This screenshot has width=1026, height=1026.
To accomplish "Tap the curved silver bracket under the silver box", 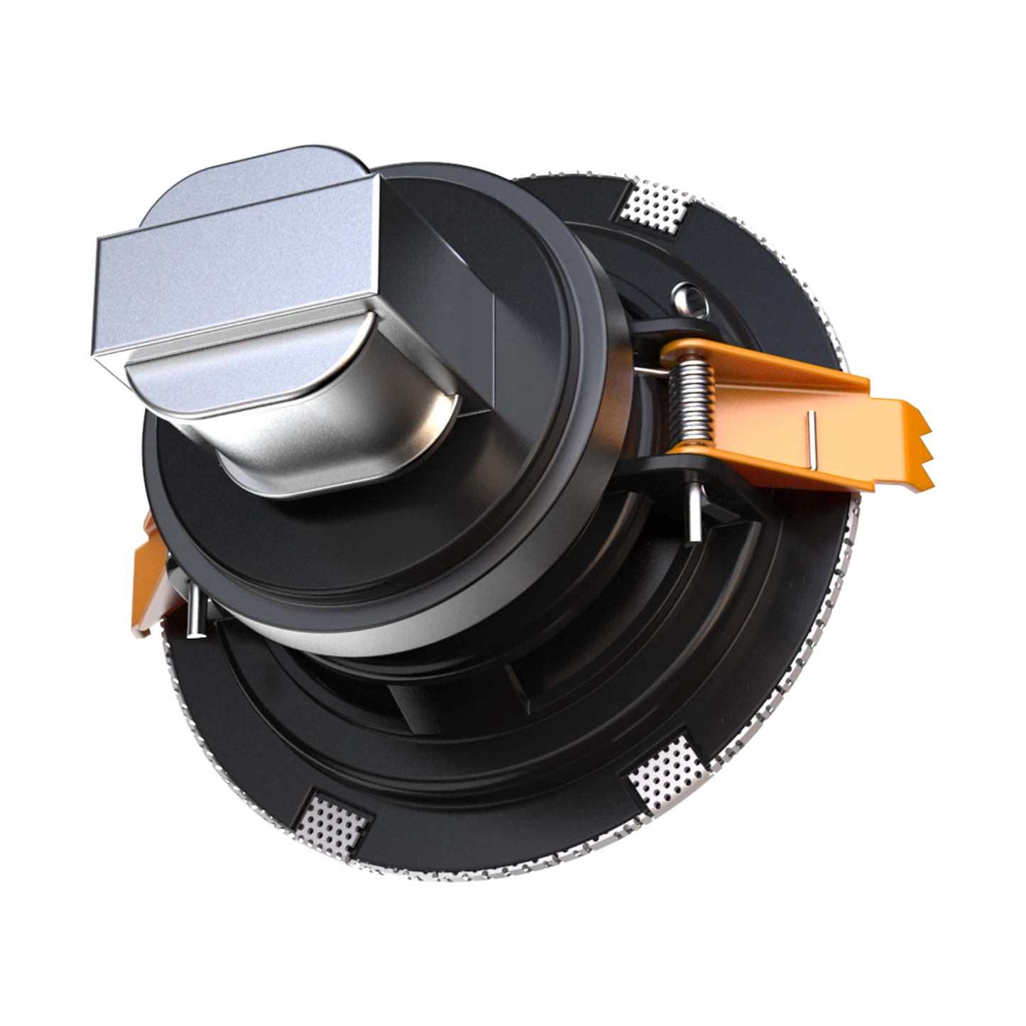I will [334, 447].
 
